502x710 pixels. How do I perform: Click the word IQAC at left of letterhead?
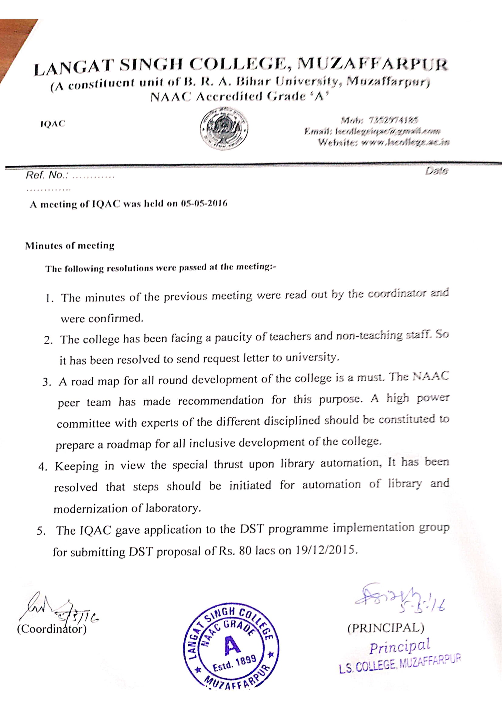pos(53,124)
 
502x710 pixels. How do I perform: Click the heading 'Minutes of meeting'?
pos(70,246)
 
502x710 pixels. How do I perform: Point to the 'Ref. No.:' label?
pos(47,175)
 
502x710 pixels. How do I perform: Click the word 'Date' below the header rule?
pos(436,171)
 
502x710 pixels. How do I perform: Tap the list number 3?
pos(46,382)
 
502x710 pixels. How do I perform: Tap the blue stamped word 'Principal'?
pos(400,646)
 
